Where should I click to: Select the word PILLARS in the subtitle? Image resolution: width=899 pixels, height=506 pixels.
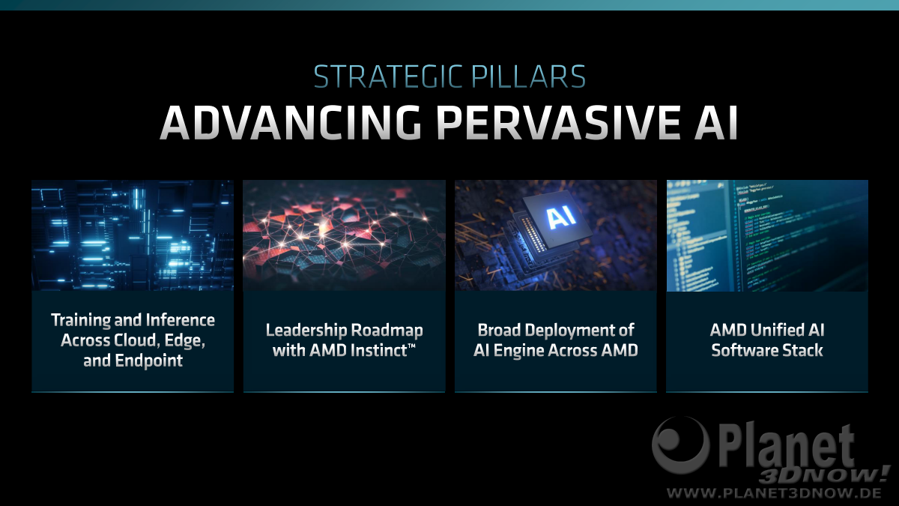(x=529, y=76)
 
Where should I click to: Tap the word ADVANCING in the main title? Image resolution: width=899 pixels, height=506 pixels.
(x=291, y=122)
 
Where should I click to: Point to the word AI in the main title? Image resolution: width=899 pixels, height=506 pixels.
(x=716, y=122)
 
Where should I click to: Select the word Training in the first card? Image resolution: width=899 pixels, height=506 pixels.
(x=81, y=321)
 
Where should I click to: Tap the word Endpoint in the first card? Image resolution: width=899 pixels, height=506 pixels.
(x=149, y=361)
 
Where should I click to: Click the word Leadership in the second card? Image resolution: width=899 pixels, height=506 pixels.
(x=306, y=330)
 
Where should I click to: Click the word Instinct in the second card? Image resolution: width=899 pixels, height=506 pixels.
(x=379, y=351)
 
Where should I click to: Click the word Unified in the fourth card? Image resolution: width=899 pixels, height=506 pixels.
(x=777, y=330)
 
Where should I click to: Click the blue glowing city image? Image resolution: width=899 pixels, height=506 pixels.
(x=133, y=235)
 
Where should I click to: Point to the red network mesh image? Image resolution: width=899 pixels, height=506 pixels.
(x=345, y=235)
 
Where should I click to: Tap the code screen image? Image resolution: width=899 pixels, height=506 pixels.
(x=767, y=235)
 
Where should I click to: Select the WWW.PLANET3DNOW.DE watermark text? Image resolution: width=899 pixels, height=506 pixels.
(x=774, y=493)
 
